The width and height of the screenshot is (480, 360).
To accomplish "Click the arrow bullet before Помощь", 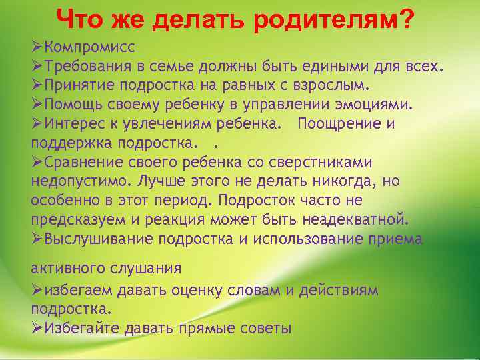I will (37, 105).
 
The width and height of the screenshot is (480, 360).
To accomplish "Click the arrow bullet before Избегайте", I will (37, 329).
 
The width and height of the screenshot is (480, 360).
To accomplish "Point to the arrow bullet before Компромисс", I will (37, 47).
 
